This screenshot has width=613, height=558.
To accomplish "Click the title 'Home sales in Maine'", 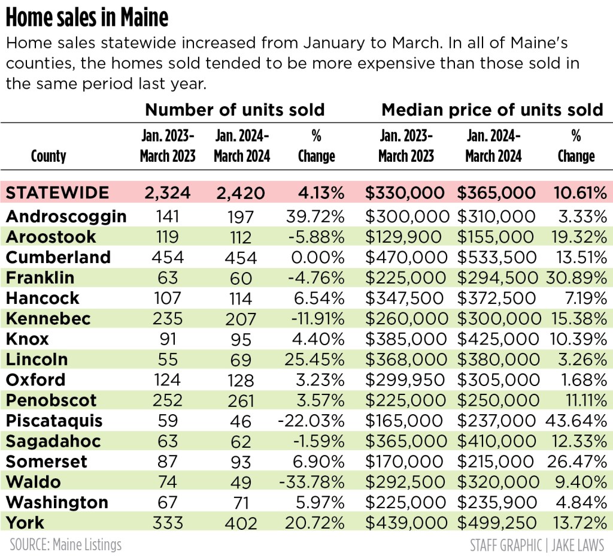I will (x=87, y=18).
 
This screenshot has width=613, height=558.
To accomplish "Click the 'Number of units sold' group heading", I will (x=235, y=110).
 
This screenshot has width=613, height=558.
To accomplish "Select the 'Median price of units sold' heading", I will (x=492, y=110).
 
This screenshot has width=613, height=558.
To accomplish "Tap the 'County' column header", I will (x=48, y=156).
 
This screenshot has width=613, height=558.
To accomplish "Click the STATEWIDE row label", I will (x=58, y=193).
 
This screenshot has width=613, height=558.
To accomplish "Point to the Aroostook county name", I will (x=51, y=237).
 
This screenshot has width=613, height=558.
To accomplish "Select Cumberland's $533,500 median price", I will (x=496, y=257).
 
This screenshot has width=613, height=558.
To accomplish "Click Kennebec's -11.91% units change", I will (x=317, y=318).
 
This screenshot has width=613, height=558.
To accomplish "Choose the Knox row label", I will (x=28, y=339).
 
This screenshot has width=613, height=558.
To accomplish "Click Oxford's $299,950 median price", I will (x=406, y=380).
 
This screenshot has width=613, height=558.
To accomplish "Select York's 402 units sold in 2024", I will (x=241, y=523).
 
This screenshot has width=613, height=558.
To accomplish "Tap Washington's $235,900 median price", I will (x=496, y=502).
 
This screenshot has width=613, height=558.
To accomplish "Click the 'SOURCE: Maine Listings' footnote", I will (x=66, y=545).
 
